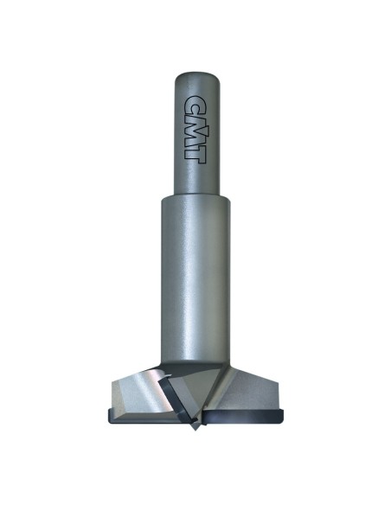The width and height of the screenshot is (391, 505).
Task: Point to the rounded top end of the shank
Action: (x=197, y=77)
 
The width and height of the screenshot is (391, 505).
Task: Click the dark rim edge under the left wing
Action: (x=142, y=418)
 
